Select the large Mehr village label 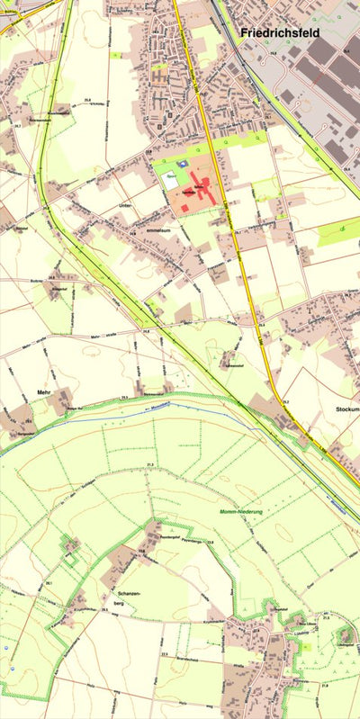(43, 393)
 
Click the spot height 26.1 (49, 583)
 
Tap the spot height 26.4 (346, 167)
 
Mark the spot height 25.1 (268, 117)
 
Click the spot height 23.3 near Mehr (124, 396)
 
